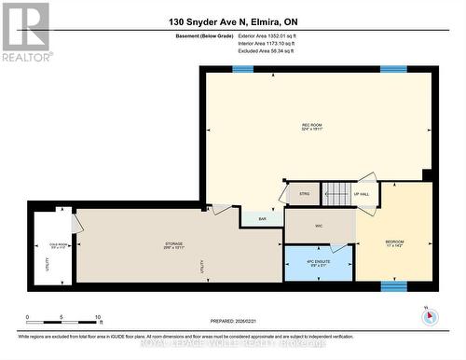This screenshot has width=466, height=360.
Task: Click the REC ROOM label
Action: [311, 127]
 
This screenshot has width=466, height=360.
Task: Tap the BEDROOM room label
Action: [394, 243]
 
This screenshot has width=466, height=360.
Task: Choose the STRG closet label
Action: [303, 195]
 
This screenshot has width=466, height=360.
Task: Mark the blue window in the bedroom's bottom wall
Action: [393, 285]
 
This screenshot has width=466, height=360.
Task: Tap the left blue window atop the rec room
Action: [242, 69]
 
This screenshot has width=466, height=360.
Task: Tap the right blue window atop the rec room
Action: [392, 69]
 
